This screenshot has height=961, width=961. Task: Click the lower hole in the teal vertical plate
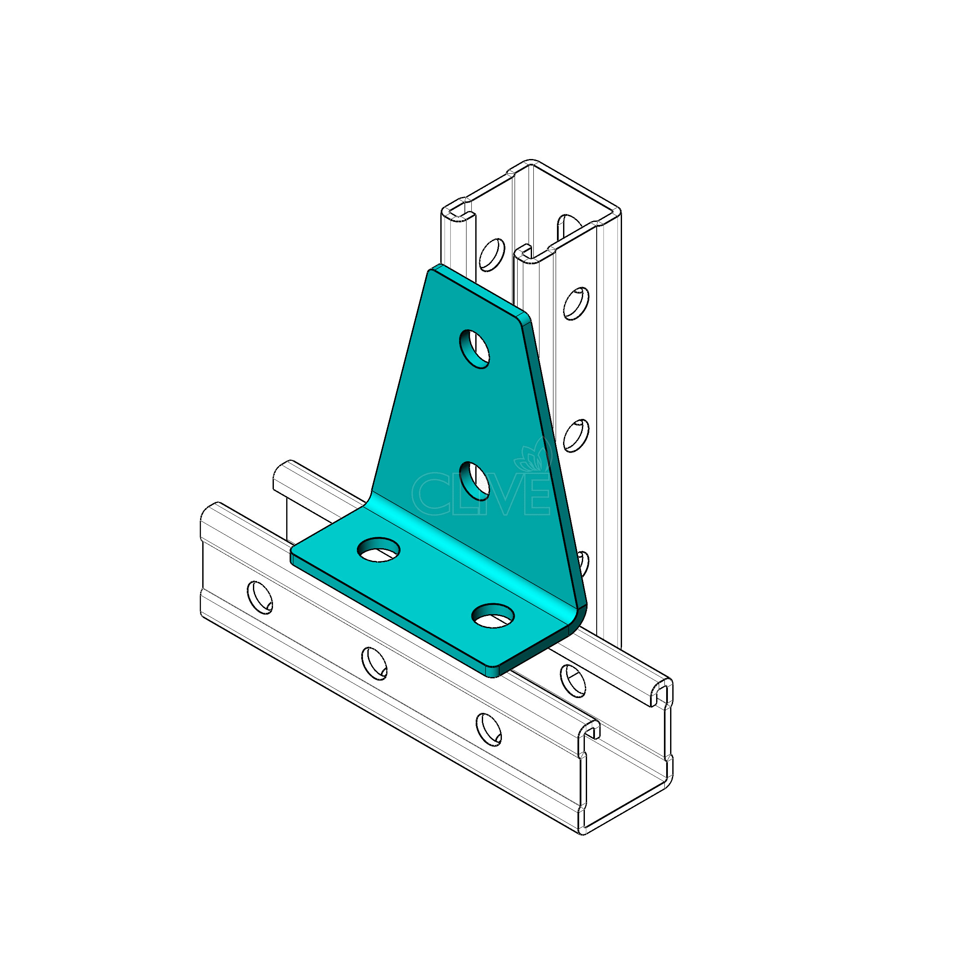[474, 480]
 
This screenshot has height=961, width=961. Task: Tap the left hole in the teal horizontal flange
[379, 550]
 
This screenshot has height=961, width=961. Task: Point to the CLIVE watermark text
[480, 494]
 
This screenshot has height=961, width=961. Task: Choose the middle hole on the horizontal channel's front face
[374, 663]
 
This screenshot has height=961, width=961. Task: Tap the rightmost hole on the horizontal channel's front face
[488, 729]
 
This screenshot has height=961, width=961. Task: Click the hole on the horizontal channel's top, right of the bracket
[574, 681]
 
